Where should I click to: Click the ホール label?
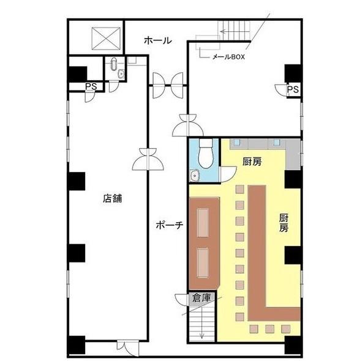158,40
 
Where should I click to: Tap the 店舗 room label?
113,198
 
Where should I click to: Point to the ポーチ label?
170,225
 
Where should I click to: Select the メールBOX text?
228,57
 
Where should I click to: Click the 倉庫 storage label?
202,298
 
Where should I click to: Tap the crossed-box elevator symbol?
106,39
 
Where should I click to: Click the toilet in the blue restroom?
206,154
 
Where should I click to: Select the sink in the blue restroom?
195,176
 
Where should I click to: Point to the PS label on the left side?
91,86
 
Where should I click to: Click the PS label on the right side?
293,89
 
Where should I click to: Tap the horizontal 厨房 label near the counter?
252,162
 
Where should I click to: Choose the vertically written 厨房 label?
283,223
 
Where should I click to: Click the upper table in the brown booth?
203,223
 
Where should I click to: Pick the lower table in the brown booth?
203,263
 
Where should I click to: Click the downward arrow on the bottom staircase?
202,323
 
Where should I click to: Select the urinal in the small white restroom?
113,64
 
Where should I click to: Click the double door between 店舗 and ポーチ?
148,159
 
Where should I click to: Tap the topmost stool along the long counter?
240,189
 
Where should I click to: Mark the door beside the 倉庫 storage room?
181,300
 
